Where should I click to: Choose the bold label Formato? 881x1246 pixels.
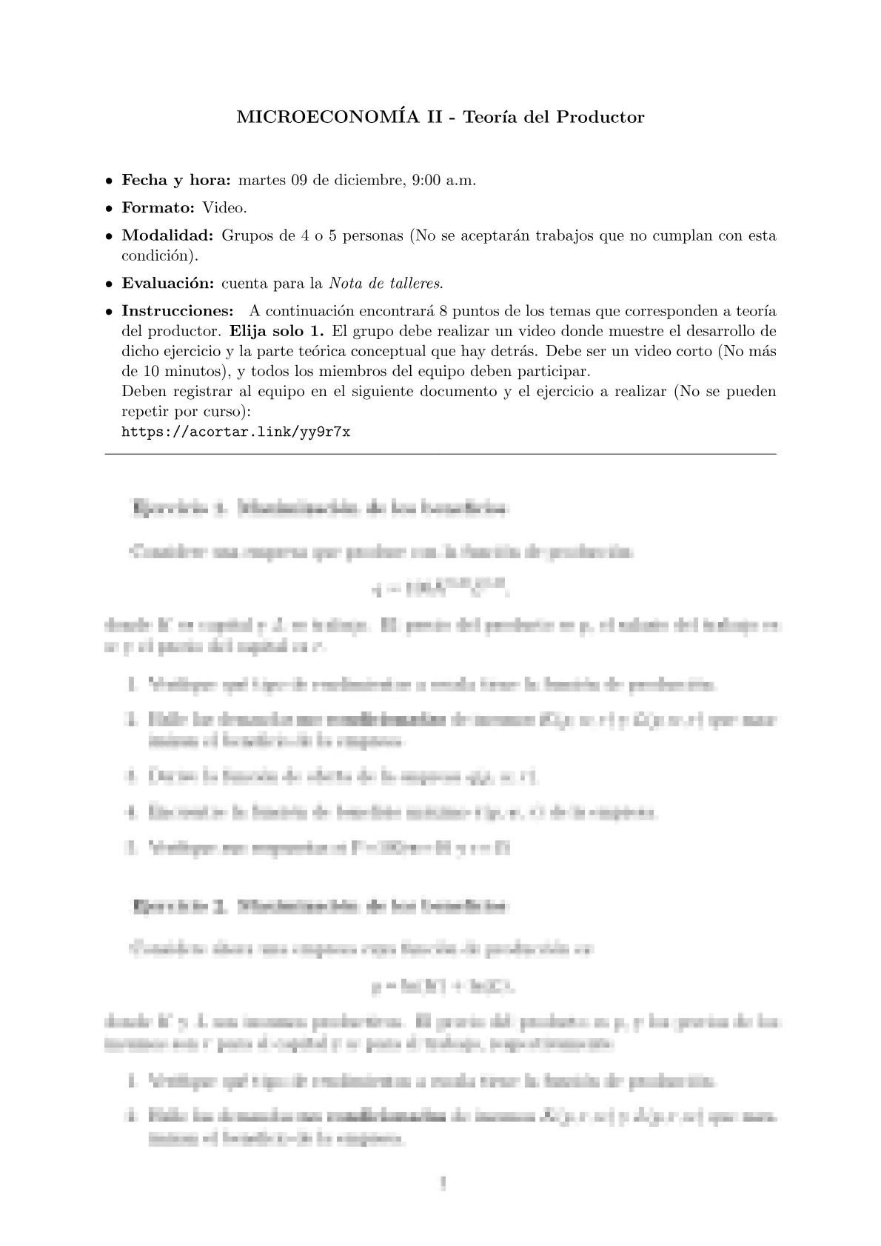(x=158, y=208)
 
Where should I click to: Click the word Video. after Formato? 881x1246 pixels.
(x=224, y=208)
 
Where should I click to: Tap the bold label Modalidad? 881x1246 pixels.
(x=167, y=236)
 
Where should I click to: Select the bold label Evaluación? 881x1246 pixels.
(x=168, y=283)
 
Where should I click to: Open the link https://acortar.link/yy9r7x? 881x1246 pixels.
(x=235, y=432)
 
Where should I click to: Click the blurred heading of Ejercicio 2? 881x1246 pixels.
(x=321, y=905)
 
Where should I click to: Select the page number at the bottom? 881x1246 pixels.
(x=441, y=1185)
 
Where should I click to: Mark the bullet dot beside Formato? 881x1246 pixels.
(x=109, y=209)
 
